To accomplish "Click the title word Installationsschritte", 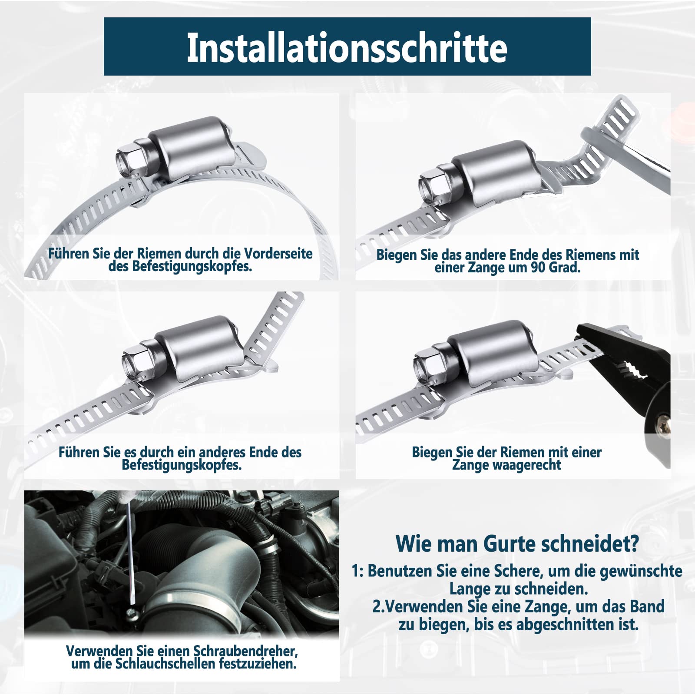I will (347, 48).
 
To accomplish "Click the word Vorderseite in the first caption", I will (278, 254).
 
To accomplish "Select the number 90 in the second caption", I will (539, 268).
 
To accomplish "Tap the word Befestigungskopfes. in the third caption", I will (182, 465).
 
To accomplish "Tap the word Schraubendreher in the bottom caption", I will (245, 651).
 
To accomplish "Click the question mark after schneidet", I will (634, 543).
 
